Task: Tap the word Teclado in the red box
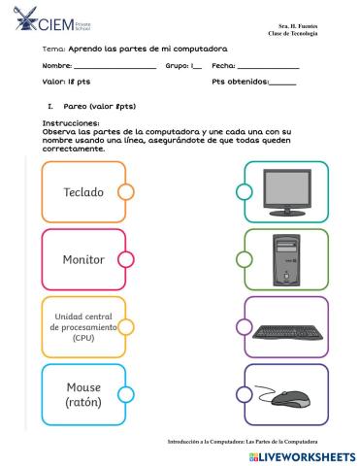tap(82, 192)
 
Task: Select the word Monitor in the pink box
tap(82, 259)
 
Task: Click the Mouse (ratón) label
tap(82, 394)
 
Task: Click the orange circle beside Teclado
tap(125, 192)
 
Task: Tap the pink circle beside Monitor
tap(125, 259)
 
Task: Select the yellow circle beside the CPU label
tap(125, 327)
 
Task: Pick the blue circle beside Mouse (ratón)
tap(125, 394)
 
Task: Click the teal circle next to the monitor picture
tap(245, 191)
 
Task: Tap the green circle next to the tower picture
tap(245, 259)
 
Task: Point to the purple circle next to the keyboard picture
tap(245, 327)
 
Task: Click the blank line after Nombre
tap(115, 68)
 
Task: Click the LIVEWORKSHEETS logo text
tap(301, 455)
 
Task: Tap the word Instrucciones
tap(71, 123)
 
